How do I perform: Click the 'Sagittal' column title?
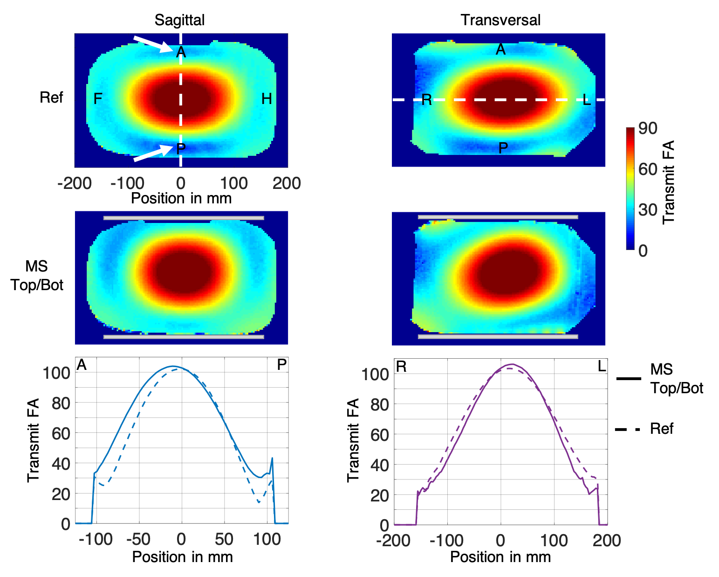pyautogui.click(x=179, y=20)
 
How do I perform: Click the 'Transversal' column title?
pyautogui.click(x=500, y=20)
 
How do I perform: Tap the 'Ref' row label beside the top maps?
pyautogui.click(x=51, y=97)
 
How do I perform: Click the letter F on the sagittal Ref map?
pyautogui.click(x=98, y=99)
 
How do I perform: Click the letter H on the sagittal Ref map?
pyautogui.click(x=267, y=99)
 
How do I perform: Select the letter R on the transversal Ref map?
pyautogui.click(x=426, y=100)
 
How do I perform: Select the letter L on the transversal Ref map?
pyautogui.click(x=587, y=100)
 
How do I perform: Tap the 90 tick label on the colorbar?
pyautogui.click(x=648, y=128)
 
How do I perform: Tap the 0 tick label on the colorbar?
pyautogui.click(x=643, y=251)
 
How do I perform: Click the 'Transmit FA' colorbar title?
pyautogui.click(x=668, y=182)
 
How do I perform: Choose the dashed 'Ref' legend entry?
pyautogui.click(x=645, y=429)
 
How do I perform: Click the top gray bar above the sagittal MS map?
pyautogui.click(x=184, y=218)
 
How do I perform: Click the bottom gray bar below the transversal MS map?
pyautogui.click(x=498, y=336)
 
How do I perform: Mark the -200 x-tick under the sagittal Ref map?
pyautogui.click(x=75, y=183)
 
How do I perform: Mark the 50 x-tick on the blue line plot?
pyautogui.click(x=224, y=539)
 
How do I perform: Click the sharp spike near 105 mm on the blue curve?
pyautogui.click(x=272, y=459)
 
